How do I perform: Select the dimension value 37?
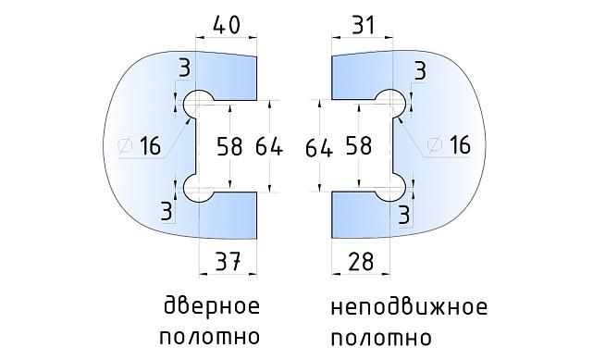point(227,263)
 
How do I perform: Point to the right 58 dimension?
point(358,146)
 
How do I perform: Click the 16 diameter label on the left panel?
point(151,146)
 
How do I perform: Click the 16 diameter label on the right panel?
point(458,145)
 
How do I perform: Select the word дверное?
point(210,306)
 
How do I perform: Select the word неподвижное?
point(407,306)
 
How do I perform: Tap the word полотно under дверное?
point(210,335)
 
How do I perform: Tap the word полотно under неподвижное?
point(380,335)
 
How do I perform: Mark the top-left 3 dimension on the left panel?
point(185,68)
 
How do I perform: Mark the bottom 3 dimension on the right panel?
point(403,214)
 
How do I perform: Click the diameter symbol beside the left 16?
point(126,145)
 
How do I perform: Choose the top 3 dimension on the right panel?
point(420,70)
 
